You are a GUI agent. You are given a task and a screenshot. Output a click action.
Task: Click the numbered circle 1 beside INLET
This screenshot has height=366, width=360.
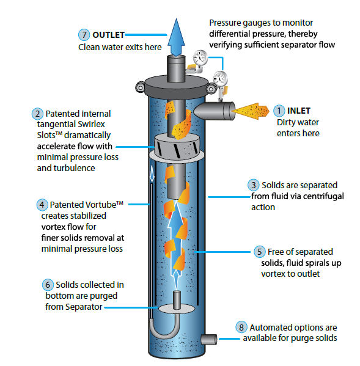pyautogui.click(x=279, y=111)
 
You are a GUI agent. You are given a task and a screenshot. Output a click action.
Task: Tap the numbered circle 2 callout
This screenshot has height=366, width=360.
pyautogui.click(x=37, y=114)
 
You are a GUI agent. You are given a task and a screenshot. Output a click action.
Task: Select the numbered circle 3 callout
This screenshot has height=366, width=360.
pyautogui.click(x=254, y=185)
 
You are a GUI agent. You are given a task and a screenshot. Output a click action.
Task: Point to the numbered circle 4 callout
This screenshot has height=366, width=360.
pyautogui.click(x=42, y=205)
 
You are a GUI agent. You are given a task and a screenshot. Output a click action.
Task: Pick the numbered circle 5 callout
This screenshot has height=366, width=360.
pyautogui.click(x=260, y=252)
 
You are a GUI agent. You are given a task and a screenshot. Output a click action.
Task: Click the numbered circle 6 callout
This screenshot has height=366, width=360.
pyautogui.click(x=48, y=285)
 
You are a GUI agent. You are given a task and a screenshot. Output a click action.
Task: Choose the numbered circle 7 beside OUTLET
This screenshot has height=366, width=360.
pyautogui.click(x=84, y=35)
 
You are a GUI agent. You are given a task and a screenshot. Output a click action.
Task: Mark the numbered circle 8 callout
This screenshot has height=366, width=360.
pyautogui.click(x=241, y=328)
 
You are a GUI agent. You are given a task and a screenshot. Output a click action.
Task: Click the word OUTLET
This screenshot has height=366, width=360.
pyautogui.click(x=109, y=35)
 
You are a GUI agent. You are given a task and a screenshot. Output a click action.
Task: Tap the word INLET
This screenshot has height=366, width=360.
pyautogui.click(x=299, y=111)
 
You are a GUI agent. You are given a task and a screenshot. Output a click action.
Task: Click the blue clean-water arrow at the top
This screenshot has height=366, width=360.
pyautogui.click(x=176, y=37)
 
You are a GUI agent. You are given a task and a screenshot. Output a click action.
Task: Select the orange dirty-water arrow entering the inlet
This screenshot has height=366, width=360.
pyautogui.click(x=250, y=111)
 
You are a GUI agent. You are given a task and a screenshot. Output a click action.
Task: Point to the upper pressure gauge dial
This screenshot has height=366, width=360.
pyautogui.click(x=200, y=57)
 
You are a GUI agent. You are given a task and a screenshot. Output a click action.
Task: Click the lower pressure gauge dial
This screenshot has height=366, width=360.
pyautogui.click(x=220, y=78)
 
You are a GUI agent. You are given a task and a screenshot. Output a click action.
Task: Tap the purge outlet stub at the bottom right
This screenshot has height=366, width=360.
pyautogui.click(x=209, y=339)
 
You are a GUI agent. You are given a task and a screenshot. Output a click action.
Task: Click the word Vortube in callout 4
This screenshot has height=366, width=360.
pyautogui.click(x=101, y=205)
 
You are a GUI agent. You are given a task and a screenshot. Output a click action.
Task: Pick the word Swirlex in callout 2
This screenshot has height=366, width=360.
pyautogui.click(x=91, y=124)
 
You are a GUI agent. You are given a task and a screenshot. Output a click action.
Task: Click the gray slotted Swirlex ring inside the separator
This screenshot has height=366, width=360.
pyautogui.click(x=177, y=147)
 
